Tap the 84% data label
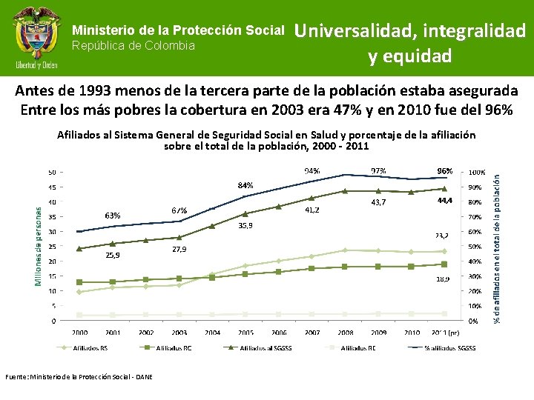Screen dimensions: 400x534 tap(245, 184)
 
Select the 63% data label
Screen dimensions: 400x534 tap(112, 216)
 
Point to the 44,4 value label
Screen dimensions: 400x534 tap(446, 200)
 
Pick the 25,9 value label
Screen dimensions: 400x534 tap(113, 255)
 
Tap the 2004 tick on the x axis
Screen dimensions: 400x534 tap(212, 333)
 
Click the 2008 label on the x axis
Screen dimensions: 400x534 tap(345, 333)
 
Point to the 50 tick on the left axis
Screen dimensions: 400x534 tap(52, 172)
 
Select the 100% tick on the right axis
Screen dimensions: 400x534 tap(476, 172)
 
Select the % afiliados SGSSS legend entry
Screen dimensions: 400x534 tap(446, 348)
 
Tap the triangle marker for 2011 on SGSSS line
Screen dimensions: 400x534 tap(444, 189)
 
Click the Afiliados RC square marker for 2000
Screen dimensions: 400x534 tap(79, 282)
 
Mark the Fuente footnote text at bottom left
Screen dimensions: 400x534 tap(79, 377)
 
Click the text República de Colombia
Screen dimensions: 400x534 tap(133, 46)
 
